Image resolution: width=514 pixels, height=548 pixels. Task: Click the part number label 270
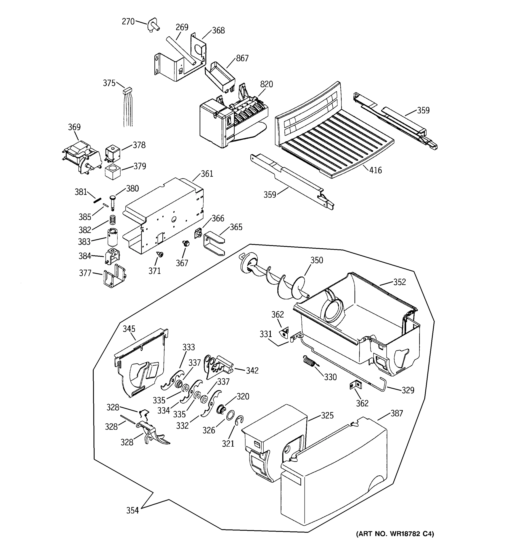click(128, 21)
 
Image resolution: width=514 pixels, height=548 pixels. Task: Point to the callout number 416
click(375, 170)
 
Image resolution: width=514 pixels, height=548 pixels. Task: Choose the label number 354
click(132, 511)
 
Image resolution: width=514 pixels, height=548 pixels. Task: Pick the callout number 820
click(266, 84)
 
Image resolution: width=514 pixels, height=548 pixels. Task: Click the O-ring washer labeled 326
click(231, 415)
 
